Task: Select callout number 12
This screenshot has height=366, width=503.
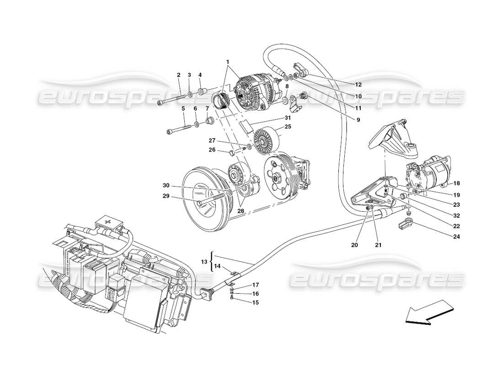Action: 358,85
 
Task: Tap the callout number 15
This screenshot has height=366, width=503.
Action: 256,302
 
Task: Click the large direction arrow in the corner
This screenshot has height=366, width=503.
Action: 426,312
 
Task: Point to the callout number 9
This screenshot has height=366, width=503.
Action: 358,119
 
